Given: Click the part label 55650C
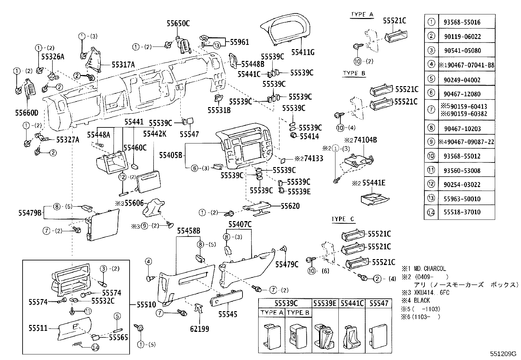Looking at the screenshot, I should pyautogui.click(x=178, y=24).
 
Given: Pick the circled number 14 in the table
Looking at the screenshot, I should pyautogui.click(x=431, y=212).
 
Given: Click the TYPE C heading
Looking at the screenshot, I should pyautogui.click(x=343, y=219).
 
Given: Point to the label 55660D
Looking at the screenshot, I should pyautogui.click(x=27, y=113).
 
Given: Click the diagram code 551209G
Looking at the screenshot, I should pyautogui.click(x=503, y=354).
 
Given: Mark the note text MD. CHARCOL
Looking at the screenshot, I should pyautogui.click(x=430, y=269).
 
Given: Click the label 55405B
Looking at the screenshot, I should pyautogui.click(x=171, y=155).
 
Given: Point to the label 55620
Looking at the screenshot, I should pyautogui.click(x=290, y=206).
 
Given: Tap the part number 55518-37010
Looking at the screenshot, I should pyautogui.click(x=462, y=212).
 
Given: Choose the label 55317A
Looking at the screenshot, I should pyautogui.click(x=123, y=65).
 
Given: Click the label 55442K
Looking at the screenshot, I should pyautogui.click(x=155, y=134).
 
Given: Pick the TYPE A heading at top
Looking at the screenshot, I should pyautogui.click(x=362, y=14).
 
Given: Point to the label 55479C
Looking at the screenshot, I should pyautogui.click(x=287, y=264).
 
